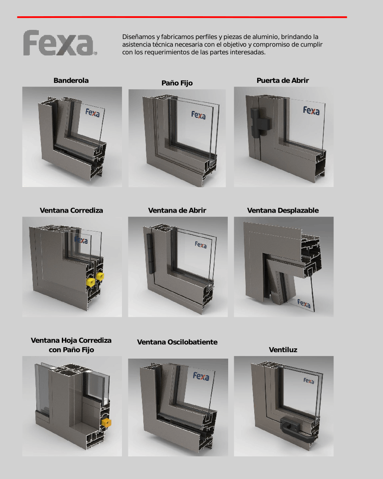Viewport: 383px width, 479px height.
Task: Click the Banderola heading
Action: click(x=71, y=80)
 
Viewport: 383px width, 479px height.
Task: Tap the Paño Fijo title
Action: click(x=177, y=83)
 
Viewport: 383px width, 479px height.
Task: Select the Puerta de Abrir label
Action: click(x=283, y=80)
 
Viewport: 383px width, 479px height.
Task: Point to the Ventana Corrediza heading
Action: click(x=71, y=210)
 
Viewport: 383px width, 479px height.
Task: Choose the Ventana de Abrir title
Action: click(x=177, y=210)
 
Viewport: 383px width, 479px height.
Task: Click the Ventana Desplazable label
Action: click(x=283, y=210)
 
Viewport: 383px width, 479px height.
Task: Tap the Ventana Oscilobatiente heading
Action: click(x=177, y=342)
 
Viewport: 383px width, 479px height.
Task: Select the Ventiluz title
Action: click(x=283, y=350)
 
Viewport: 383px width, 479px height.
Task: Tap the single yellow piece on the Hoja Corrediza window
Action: click(x=106, y=423)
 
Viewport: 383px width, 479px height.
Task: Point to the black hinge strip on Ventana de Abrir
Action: click(x=150, y=253)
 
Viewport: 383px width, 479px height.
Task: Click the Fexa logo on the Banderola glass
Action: click(x=93, y=113)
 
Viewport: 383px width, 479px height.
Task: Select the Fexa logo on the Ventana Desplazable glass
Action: click(x=304, y=304)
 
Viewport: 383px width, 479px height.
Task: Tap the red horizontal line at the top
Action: click(x=182, y=17)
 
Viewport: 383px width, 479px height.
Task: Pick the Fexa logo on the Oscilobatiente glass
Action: click(x=201, y=377)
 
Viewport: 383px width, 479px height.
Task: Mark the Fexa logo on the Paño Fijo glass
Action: click(x=198, y=115)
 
